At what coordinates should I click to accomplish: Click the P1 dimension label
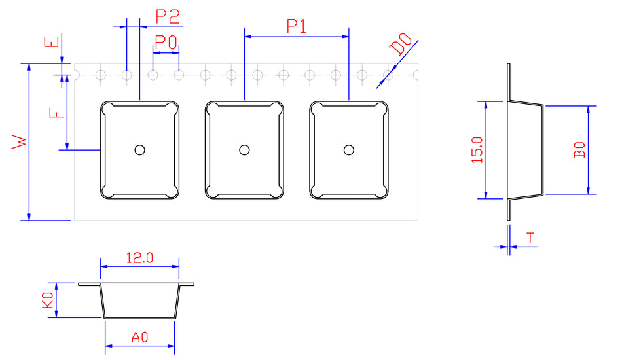click(x=297, y=26)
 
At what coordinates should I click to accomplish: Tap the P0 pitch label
click(x=166, y=43)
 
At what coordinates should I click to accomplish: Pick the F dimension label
click(x=58, y=112)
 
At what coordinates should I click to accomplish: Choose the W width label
click(x=20, y=142)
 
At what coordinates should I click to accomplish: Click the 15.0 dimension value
click(x=476, y=150)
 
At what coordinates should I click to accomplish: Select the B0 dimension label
click(x=579, y=150)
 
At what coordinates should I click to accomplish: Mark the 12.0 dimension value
click(x=139, y=257)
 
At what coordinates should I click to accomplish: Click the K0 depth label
click(x=47, y=300)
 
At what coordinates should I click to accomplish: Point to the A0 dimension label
click(x=139, y=337)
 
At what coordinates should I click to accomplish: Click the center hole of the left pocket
click(x=139, y=150)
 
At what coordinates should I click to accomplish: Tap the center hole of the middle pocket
click(x=244, y=150)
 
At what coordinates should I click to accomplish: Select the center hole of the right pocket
click(x=349, y=150)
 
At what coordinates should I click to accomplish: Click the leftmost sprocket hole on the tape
click(x=100, y=75)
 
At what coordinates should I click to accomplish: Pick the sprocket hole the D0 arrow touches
click(x=388, y=75)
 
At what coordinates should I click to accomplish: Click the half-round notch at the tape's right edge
click(x=416, y=75)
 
